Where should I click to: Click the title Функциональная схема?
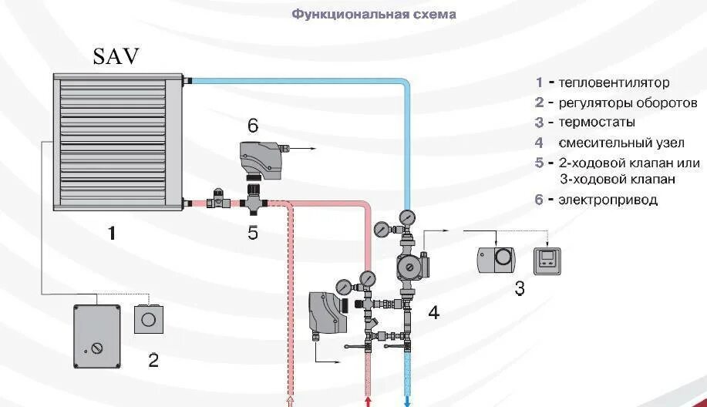pyautogui.click(x=374, y=14)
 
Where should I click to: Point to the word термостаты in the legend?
pyautogui.click(x=597, y=122)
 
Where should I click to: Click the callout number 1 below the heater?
pyautogui.click(x=112, y=231)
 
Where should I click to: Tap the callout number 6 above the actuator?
pyautogui.click(x=253, y=126)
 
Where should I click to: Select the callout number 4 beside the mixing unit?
pyautogui.click(x=434, y=312)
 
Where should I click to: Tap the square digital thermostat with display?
pyautogui.click(x=548, y=261)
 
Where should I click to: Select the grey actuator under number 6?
pyautogui.click(x=261, y=157)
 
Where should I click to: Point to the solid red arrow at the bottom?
pyautogui.click(x=368, y=401)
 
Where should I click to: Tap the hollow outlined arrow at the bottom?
pyautogui.click(x=290, y=401)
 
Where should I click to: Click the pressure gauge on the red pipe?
pyautogui.click(x=369, y=277)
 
